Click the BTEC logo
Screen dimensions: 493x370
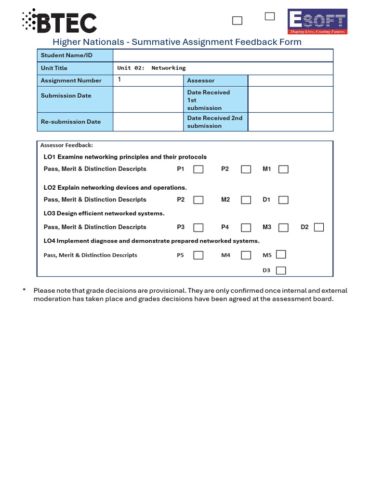59,22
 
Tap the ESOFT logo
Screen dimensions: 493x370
317,22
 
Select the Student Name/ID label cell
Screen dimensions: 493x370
75,55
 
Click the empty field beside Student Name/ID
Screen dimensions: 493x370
223,55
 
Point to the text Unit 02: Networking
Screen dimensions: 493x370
151,68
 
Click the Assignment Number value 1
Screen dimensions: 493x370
119,80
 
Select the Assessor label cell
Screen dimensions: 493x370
215,80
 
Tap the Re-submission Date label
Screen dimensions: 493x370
71,122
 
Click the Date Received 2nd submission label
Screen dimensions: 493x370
215,122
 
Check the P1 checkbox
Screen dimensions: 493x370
198,169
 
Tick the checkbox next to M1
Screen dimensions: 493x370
283,169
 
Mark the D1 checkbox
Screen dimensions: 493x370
283,200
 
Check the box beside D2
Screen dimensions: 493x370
318,227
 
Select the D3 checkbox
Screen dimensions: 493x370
281,271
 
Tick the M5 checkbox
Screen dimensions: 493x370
281,254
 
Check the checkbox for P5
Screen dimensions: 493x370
198,255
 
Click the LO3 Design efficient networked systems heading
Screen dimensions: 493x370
104,213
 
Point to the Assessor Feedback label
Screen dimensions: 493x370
66,145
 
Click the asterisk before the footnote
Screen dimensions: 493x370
24,290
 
